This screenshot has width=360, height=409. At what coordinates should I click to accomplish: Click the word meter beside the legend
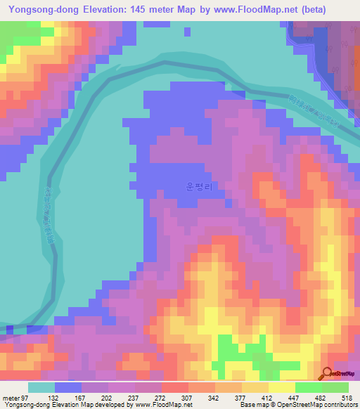[11, 398]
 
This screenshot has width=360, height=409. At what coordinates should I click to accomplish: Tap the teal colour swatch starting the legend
[41, 387]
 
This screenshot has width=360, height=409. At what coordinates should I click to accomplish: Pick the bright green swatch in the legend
[308, 387]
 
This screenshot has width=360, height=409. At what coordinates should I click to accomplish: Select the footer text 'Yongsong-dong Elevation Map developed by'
[67, 405]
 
